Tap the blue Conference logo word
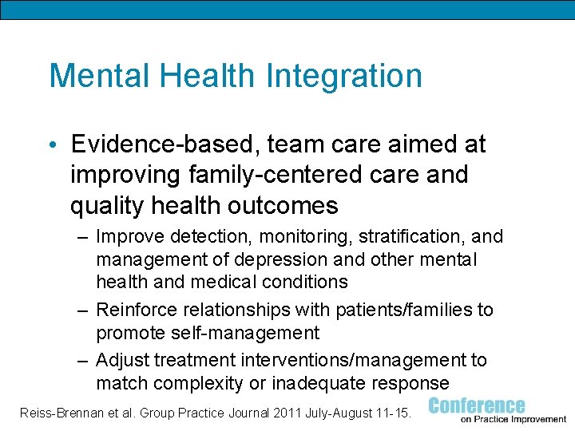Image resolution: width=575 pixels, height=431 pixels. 477,405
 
